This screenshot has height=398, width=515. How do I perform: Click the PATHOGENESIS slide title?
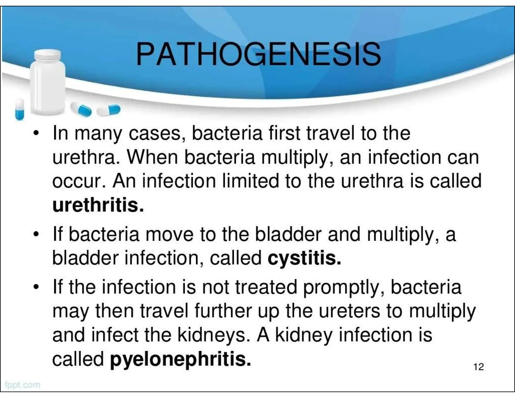(258, 54)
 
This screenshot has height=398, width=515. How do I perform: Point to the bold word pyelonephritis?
(180, 359)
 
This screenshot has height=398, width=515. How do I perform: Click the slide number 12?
(479, 367)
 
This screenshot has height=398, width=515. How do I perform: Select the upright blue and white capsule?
(20, 109)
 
